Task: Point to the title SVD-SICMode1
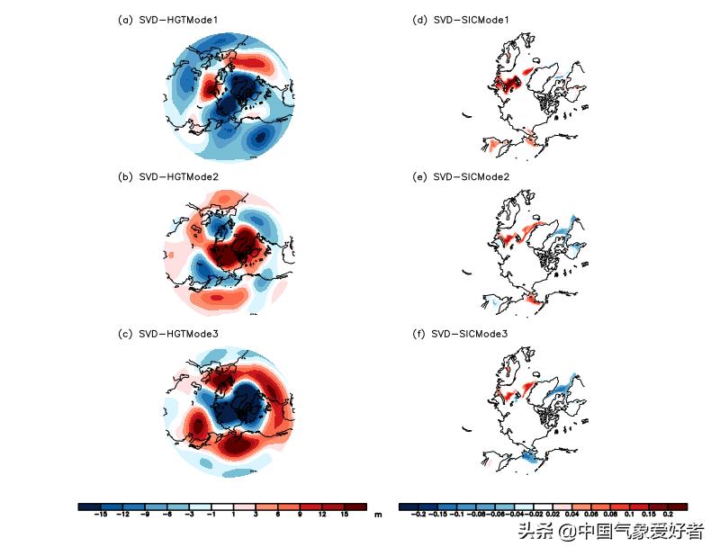[x=472, y=20]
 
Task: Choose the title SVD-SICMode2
[x=472, y=177]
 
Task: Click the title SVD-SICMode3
[x=472, y=334]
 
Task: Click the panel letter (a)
[x=125, y=20]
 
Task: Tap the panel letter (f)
[x=418, y=334]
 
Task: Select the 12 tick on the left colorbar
[x=322, y=516]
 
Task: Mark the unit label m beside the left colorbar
[x=379, y=514]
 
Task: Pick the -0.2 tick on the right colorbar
[x=417, y=516]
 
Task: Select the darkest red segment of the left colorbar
[x=355, y=507]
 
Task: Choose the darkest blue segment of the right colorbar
[x=408, y=507]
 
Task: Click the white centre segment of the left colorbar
[x=222, y=507]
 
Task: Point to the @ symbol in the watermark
[x=566, y=532]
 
